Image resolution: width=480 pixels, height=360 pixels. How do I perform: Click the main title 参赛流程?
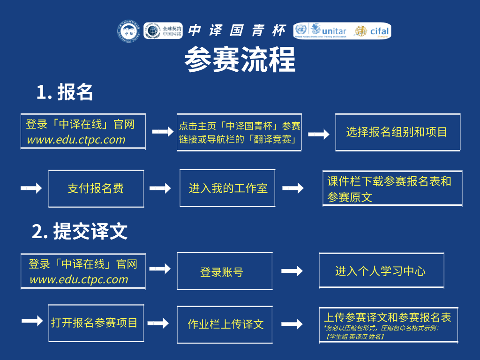(240, 60)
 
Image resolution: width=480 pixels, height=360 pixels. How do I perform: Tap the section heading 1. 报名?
(65, 92)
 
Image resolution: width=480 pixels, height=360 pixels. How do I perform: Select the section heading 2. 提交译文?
(80, 231)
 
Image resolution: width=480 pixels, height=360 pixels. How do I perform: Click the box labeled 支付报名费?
(96, 188)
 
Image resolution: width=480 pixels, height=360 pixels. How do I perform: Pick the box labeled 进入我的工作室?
(227, 188)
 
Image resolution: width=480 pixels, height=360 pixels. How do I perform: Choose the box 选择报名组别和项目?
(397, 132)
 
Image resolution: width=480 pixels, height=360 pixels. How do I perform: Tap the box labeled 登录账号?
(224, 271)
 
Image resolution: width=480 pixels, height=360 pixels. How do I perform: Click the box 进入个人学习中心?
(381, 270)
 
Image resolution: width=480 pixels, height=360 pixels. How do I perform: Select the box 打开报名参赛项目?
(96, 323)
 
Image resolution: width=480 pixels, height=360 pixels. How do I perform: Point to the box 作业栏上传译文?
(225, 324)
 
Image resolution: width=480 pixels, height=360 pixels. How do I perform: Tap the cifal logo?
(373, 31)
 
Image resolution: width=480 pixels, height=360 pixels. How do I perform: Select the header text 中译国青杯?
(236, 30)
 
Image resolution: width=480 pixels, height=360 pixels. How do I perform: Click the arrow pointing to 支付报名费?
(31, 188)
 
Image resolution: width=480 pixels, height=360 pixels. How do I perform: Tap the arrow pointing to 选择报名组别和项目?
(318, 135)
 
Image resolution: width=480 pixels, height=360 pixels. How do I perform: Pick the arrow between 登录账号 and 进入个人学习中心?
(292, 271)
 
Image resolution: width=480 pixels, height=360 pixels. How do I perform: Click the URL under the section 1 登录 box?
(76, 139)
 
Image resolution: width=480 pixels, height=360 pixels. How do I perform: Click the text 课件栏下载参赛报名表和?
(389, 181)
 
